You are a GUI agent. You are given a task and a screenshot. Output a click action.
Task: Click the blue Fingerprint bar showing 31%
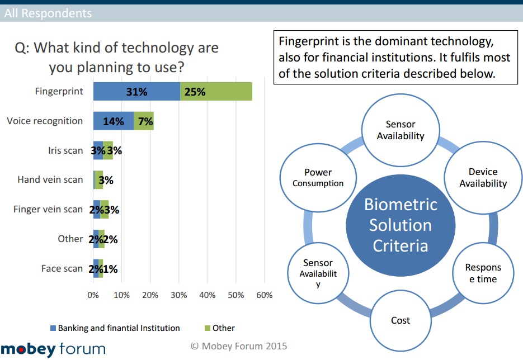point(136,92)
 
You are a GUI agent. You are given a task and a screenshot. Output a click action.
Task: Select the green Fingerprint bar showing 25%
point(216,92)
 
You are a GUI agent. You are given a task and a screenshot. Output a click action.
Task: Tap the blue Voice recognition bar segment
point(114,121)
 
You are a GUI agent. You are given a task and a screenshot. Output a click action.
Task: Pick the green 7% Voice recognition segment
point(144,121)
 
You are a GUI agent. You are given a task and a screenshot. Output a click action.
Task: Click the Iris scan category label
point(65,150)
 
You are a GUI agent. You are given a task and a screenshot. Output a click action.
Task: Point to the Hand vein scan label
point(50,179)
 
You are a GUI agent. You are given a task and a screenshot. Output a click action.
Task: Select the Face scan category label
point(62,268)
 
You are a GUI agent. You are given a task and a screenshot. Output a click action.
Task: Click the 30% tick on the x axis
point(178,295)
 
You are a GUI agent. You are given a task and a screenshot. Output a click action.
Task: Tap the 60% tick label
point(264,295)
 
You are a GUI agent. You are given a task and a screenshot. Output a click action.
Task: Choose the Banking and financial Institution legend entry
point(115,328)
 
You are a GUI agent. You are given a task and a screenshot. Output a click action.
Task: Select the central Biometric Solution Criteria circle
point(401,225)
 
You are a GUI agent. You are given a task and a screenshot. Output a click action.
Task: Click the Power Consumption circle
point(318,178)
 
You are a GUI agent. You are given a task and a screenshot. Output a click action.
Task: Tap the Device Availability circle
point(483,178)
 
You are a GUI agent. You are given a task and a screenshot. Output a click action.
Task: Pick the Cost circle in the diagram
point(401,320)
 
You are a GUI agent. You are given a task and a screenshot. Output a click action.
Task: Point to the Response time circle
point(483,273)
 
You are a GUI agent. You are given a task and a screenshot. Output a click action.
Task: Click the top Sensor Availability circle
point(401,130)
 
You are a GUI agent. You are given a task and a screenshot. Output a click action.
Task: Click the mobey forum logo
point(53,349)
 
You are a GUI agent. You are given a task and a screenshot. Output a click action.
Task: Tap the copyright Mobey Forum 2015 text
point(239,346)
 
